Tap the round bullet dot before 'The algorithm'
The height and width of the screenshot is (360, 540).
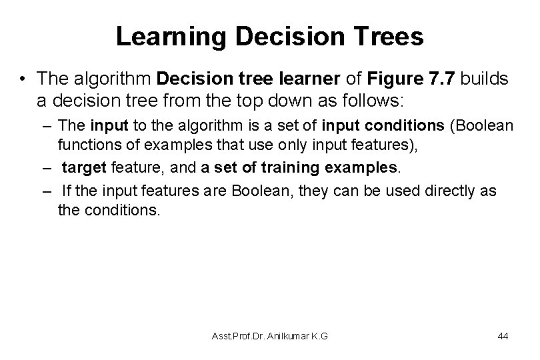tap(23, 79)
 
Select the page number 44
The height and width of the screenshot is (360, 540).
tap(503, 336)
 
